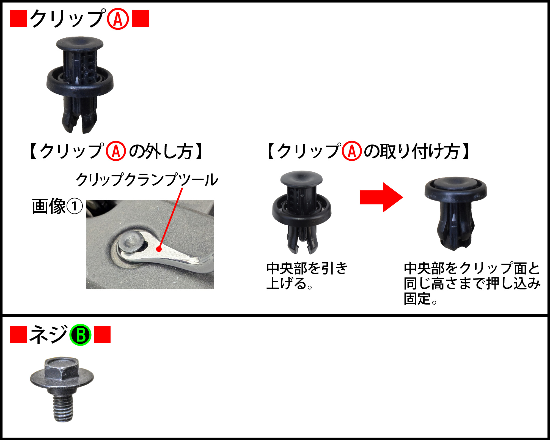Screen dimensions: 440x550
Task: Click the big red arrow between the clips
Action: (381, 197)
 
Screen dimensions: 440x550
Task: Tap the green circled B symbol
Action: (80, 335)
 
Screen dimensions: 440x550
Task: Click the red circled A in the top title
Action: (118, 19)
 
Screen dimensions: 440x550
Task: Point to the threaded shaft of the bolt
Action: (63, 408)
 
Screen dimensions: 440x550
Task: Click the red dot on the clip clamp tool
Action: (159, 249)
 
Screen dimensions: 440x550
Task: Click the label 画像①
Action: (57, 206)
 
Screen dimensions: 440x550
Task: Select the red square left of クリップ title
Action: (18, 18)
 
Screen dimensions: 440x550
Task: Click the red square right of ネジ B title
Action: (102, 335)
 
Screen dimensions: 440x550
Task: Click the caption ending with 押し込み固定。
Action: (471, 283)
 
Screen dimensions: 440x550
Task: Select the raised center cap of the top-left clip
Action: (79, 43)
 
